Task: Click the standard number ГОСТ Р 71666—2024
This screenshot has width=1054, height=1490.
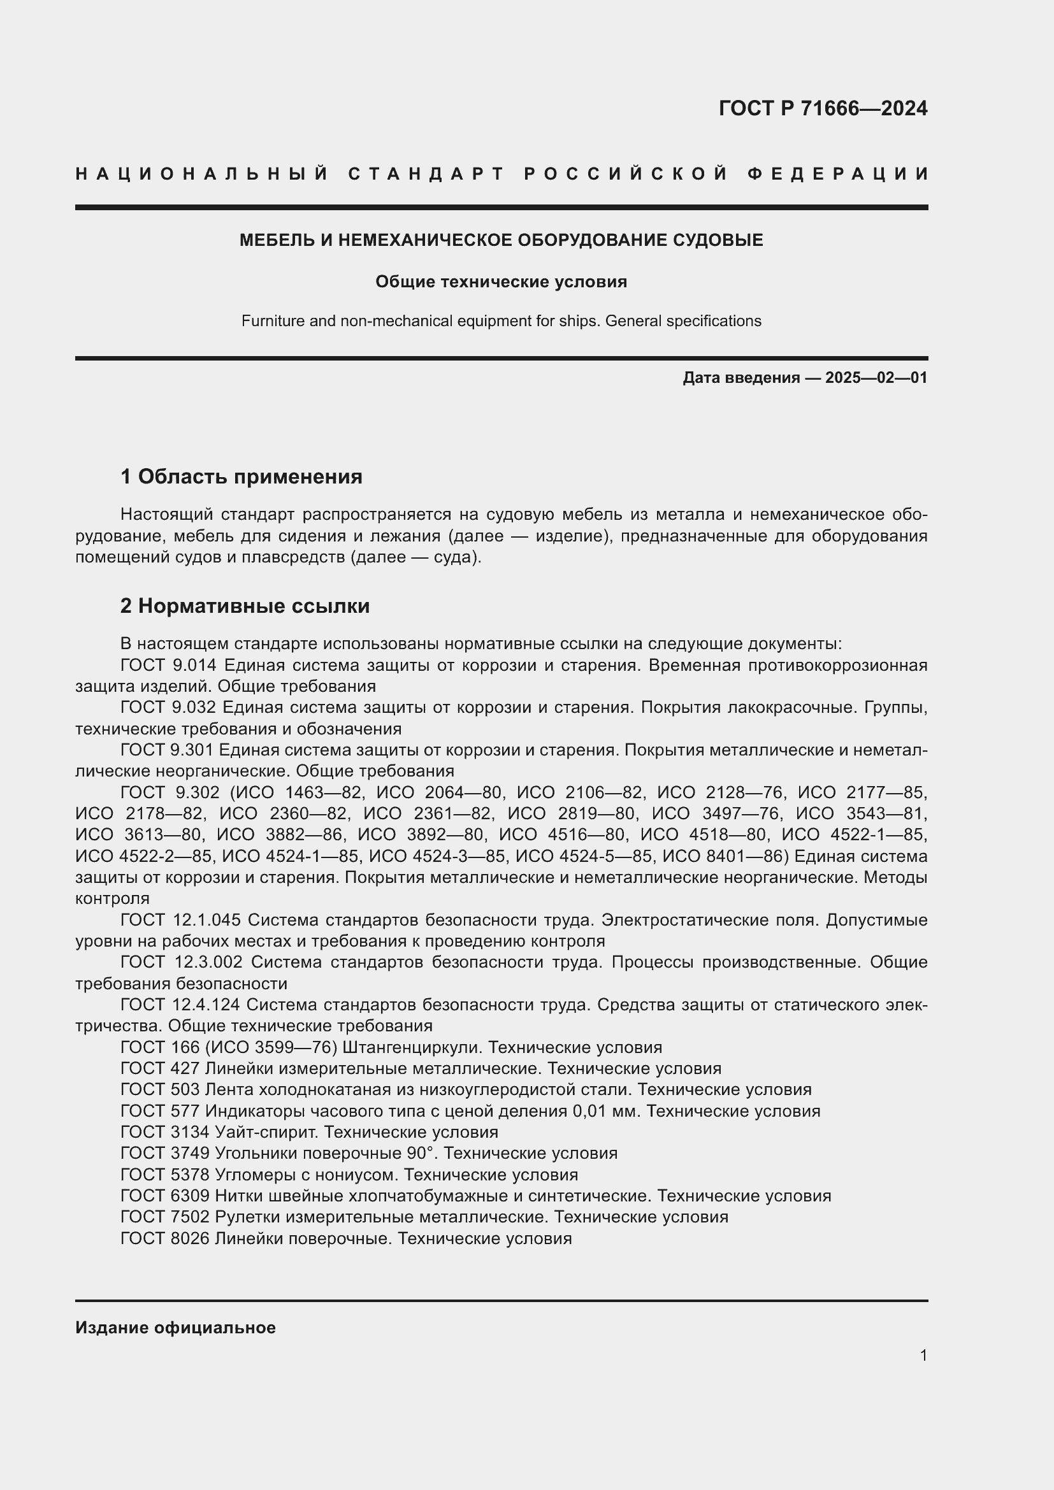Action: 822,108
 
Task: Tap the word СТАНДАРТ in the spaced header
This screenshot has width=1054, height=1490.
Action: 426,174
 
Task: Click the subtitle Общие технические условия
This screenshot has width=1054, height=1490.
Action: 501,282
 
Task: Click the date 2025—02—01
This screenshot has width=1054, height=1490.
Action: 876,378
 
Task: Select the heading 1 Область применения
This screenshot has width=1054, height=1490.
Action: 241,477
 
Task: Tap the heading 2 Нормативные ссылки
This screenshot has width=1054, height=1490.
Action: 245,606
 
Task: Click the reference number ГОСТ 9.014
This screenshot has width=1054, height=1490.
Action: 170,665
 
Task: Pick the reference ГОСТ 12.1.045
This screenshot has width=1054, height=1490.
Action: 180,921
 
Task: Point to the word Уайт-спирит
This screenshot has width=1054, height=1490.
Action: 266,1133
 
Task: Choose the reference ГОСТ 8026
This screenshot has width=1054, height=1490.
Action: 165,1238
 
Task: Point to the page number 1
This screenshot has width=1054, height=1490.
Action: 923,1355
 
